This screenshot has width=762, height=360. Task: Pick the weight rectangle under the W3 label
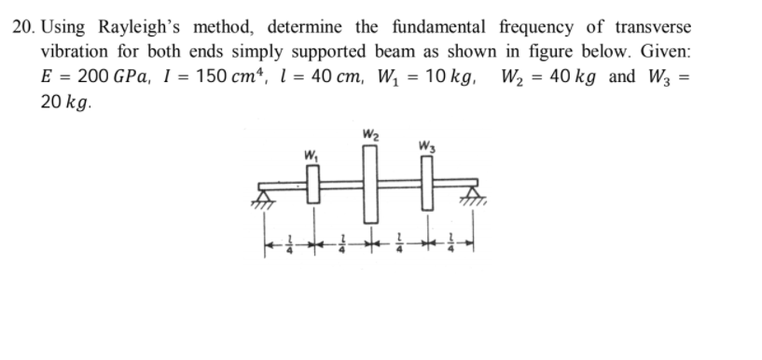[428, 186]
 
